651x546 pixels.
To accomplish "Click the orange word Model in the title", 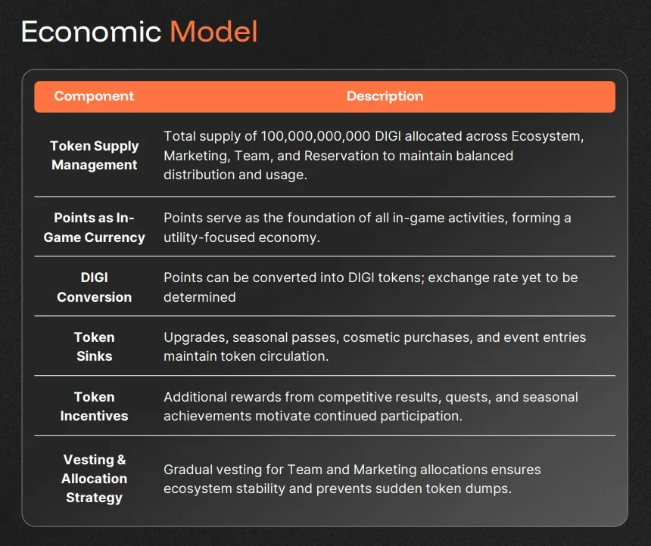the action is click(x=213, y=32).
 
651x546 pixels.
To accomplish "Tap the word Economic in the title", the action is click(x=91, y=32).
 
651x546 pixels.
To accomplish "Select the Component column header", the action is click(x=94, y=96).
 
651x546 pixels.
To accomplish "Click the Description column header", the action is click(x=385, y=96).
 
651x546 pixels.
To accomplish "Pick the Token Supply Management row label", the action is click(x=95, y=155).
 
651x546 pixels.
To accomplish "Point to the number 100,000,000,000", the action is click(x=316, y=136).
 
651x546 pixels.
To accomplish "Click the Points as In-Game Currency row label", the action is click(x=95, y=228).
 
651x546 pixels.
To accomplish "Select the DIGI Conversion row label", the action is click(x=95, y=287).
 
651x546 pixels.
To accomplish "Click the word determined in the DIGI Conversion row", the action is click(x=200, y=297).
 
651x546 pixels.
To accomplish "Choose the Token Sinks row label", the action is click(x=95, y=346).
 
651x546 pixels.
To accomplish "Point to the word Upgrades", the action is click(x=196, y=338).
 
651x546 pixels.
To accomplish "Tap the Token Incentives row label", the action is click(x=95, y=406).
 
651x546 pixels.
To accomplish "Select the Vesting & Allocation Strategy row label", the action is click(x=95, y=479).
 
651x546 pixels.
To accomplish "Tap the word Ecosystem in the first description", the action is click(x=547, y=136).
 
